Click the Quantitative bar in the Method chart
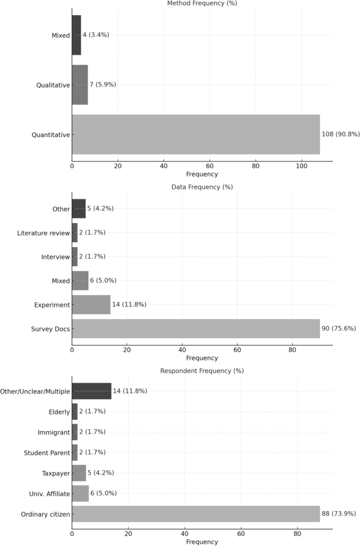click(x=196, y=135)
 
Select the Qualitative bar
click(x=80, y=85)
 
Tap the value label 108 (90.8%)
click(x=341, y=135)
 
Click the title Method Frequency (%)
click(x=202, y=4)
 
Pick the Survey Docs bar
click(x=196, y=329)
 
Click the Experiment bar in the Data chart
click(x=91, y=305)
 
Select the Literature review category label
click(x=43, y=233)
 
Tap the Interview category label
click(x=55, y=257)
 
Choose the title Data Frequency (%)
click(x=202, y=187)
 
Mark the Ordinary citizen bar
click(x=196, y=514)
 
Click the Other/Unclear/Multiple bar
click(x=91, y=391)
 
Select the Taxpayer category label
click(x=56, y=473)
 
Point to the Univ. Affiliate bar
click(x=80, y=493)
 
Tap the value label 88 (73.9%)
click(x=339, y=514)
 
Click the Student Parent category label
click(x=47, y=453)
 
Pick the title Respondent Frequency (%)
click(x=202, y=371)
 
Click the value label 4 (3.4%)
click(x=96, y=35)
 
